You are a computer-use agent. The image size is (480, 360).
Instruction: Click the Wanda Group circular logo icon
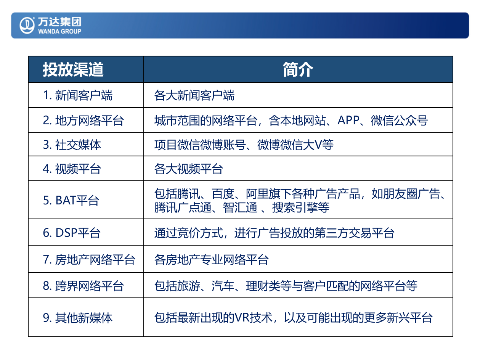tap(27, 25)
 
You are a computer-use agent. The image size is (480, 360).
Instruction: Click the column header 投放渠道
tap(73, 70)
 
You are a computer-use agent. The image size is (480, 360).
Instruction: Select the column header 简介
tap(298, 70)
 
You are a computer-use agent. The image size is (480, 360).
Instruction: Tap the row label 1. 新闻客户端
tap(78, 95)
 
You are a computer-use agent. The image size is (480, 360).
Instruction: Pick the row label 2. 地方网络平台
tap(83, 121)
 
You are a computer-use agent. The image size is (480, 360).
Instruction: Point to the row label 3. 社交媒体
tap(72, 145)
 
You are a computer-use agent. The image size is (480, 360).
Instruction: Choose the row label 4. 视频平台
tap(72, 169)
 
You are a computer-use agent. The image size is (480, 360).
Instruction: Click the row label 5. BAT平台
tap(71, 200)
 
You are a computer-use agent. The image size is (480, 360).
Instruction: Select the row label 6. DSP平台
tap(72, 233)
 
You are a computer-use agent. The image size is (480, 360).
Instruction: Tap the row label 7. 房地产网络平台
tap(89, 260)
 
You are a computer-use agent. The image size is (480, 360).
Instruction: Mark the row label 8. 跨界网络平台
tap(83, 286)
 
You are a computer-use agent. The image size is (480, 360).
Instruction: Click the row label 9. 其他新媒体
tap(78, 318)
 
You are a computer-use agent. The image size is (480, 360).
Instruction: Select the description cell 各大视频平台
tap(188, 169)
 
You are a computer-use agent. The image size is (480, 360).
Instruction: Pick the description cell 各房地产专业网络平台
tap(211, 260)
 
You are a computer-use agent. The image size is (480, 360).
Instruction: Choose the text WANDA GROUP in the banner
tap(59, 31)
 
